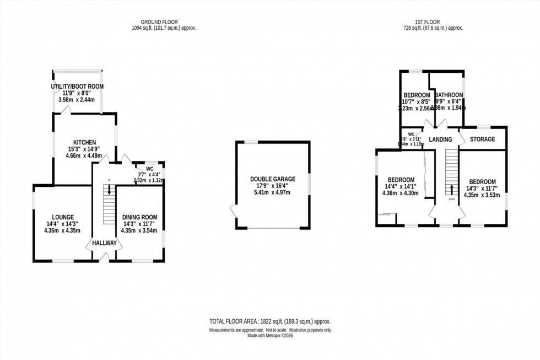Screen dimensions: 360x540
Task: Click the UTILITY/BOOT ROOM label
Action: click(77, 87)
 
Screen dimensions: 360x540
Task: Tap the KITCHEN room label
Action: click(84, 142)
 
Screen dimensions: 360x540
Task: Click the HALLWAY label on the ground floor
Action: click(104, 243)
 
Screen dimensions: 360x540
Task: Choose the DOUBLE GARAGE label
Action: click(272, 179)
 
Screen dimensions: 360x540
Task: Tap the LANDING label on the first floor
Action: click(440, 139)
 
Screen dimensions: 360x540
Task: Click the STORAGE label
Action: click(482, 139)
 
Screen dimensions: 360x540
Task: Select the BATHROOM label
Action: click(449, 95)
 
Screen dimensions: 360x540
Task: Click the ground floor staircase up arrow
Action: click(109, 189)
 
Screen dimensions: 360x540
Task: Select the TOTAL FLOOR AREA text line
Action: click(269, 321)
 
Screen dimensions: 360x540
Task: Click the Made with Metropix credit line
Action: click(269, 336)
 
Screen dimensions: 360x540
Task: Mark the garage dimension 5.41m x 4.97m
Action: click(272, 193)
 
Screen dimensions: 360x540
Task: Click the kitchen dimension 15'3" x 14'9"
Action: click(84, 149)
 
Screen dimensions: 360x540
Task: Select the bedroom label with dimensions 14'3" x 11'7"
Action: click(482, 182)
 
